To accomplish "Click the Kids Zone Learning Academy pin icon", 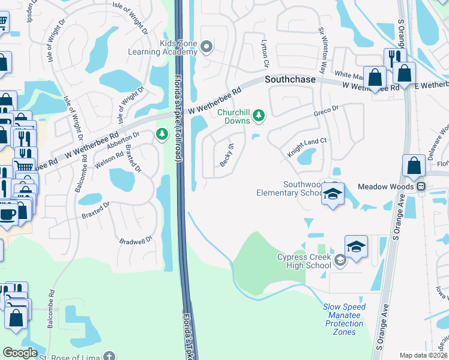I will (x=207, y=46).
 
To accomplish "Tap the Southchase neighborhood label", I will (x=291, y=80).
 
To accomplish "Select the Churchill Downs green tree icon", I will (x=259, y=115).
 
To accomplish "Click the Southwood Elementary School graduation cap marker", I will (x=333, y=194).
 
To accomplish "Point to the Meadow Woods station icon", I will (x=422, y=187).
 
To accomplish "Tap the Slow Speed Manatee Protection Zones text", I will (x=345, y=319).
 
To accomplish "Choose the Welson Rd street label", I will (x=108, y=160).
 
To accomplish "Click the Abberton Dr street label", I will (x=122, y=142).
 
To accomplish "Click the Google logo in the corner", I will (x=20, y=353).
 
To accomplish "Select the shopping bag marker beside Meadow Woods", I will (x=414, y=166).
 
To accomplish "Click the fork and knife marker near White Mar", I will (x=394, y=58).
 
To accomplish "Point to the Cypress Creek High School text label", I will (x=304, y=261).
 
